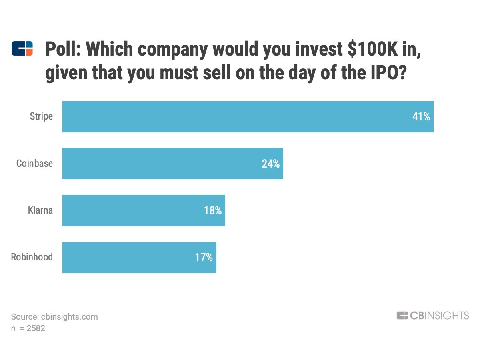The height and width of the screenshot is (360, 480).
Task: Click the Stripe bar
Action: (x=248, y=117)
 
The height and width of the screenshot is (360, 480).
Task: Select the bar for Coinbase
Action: (x=172, y=164)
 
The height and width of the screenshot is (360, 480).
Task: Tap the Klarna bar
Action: (x=144, y=210)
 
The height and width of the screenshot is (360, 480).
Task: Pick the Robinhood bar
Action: (x=139, y=257)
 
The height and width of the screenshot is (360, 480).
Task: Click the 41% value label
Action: (x=421, y=117)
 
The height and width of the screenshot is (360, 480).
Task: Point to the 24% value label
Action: (x=271, y=164)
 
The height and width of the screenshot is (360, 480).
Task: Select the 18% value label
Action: (x=213, y=210)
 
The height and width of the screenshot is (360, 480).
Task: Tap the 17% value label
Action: (x=204, y=257)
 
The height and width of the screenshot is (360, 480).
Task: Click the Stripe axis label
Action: (x=41, y=117)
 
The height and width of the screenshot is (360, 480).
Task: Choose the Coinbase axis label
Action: (x=34, y=164)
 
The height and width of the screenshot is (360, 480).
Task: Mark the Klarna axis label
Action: (x=40, y=210)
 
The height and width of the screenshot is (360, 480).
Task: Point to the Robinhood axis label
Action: (x=32, y=257)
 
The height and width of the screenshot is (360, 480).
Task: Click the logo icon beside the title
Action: (x=22, y=48)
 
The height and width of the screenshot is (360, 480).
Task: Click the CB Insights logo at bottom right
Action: (x=432, y=316)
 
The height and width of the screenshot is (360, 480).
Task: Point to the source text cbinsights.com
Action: (x=69, y=317)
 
